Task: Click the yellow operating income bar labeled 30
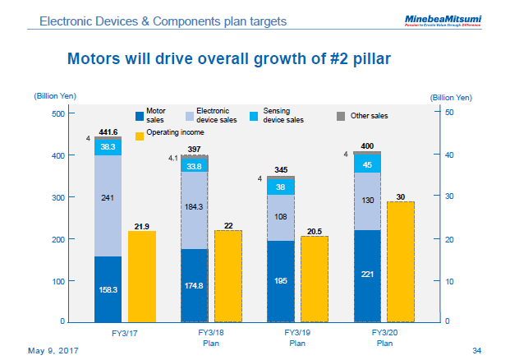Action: pyautogui.click(x=401, y=261)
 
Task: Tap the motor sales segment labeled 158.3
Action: pyautogui.click(x=108, y=289)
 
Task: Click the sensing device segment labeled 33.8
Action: pyautogui.click(x=195, y=165)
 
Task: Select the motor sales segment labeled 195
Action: pyautogui.click(x=280, y=281)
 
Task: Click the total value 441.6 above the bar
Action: pyautogui.click(x=108, y=132)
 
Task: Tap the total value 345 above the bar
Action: pyautogui.click(x=281, y=170)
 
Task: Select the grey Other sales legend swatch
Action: pyautogui.click(x=341, y=116)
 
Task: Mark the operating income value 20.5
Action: pyautogui.click(x=314, y=231)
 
